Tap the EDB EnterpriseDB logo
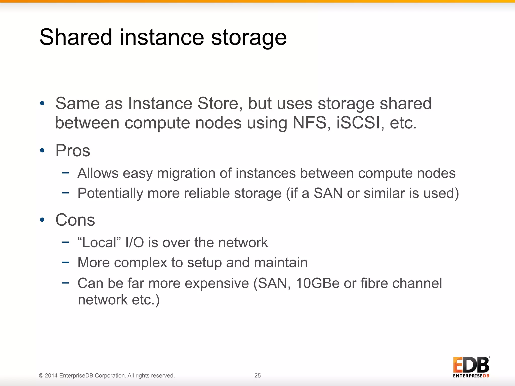point(471,367)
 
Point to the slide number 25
point(257,375)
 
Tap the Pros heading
point(73,151)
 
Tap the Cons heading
point(75,220)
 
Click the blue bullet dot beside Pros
point(42,151)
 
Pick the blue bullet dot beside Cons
point(42,220)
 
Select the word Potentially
point(110,194)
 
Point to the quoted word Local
point(99,243)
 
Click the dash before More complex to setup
point(65,262)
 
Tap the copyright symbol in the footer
point(41,376)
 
